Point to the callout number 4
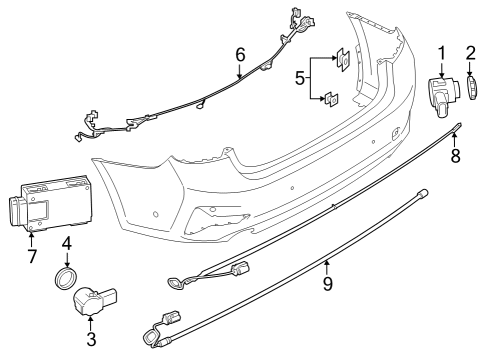point(67,244)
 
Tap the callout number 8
point(455,156)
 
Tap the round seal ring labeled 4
point(68,277)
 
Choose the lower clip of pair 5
point(330,98)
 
